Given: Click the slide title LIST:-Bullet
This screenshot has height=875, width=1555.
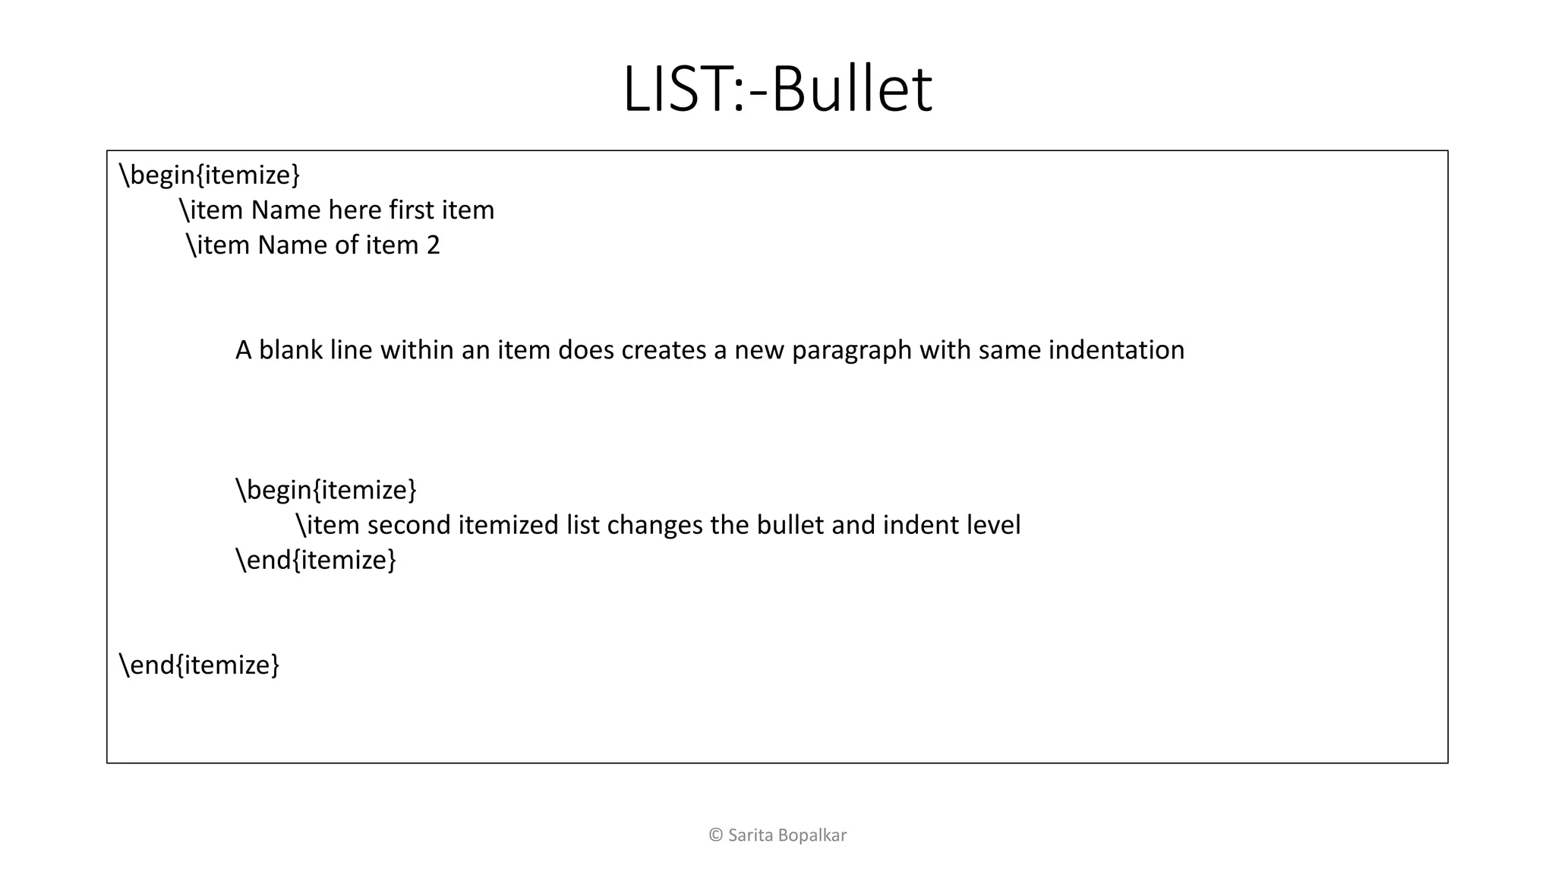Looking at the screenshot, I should point(777,90).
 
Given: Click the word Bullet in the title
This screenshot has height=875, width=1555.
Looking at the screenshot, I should point(852,90).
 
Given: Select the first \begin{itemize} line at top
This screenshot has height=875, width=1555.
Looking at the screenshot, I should point(210,175).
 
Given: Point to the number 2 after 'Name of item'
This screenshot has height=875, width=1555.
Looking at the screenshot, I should point(433,245).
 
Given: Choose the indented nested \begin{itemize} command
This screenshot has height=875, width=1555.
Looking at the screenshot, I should point(326,490).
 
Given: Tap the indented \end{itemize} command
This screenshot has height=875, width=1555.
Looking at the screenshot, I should point(316,560).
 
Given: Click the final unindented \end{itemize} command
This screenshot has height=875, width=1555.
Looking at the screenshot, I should point(200,665).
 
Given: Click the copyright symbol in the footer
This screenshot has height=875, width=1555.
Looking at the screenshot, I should point(715,836).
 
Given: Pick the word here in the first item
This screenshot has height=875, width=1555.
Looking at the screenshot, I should point(355,210).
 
